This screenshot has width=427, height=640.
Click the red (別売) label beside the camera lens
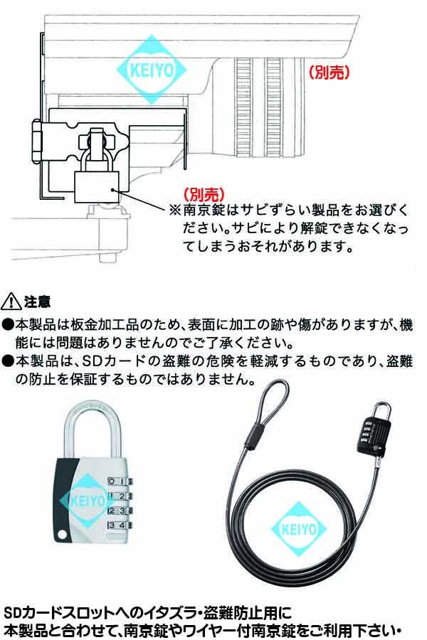(331, 72)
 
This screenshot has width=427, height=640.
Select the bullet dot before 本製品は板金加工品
(8, 324)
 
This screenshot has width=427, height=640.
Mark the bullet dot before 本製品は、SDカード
(8, 362)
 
